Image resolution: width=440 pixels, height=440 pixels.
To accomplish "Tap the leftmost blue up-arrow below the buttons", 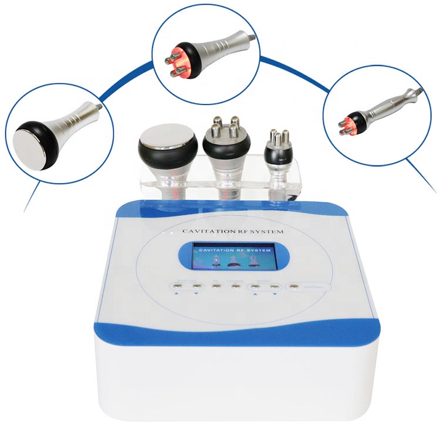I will click(177, 296).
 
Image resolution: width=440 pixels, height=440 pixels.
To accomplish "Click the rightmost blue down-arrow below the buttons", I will click(275, 296).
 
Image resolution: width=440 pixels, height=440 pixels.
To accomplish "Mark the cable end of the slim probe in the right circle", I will click(418, 92).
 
